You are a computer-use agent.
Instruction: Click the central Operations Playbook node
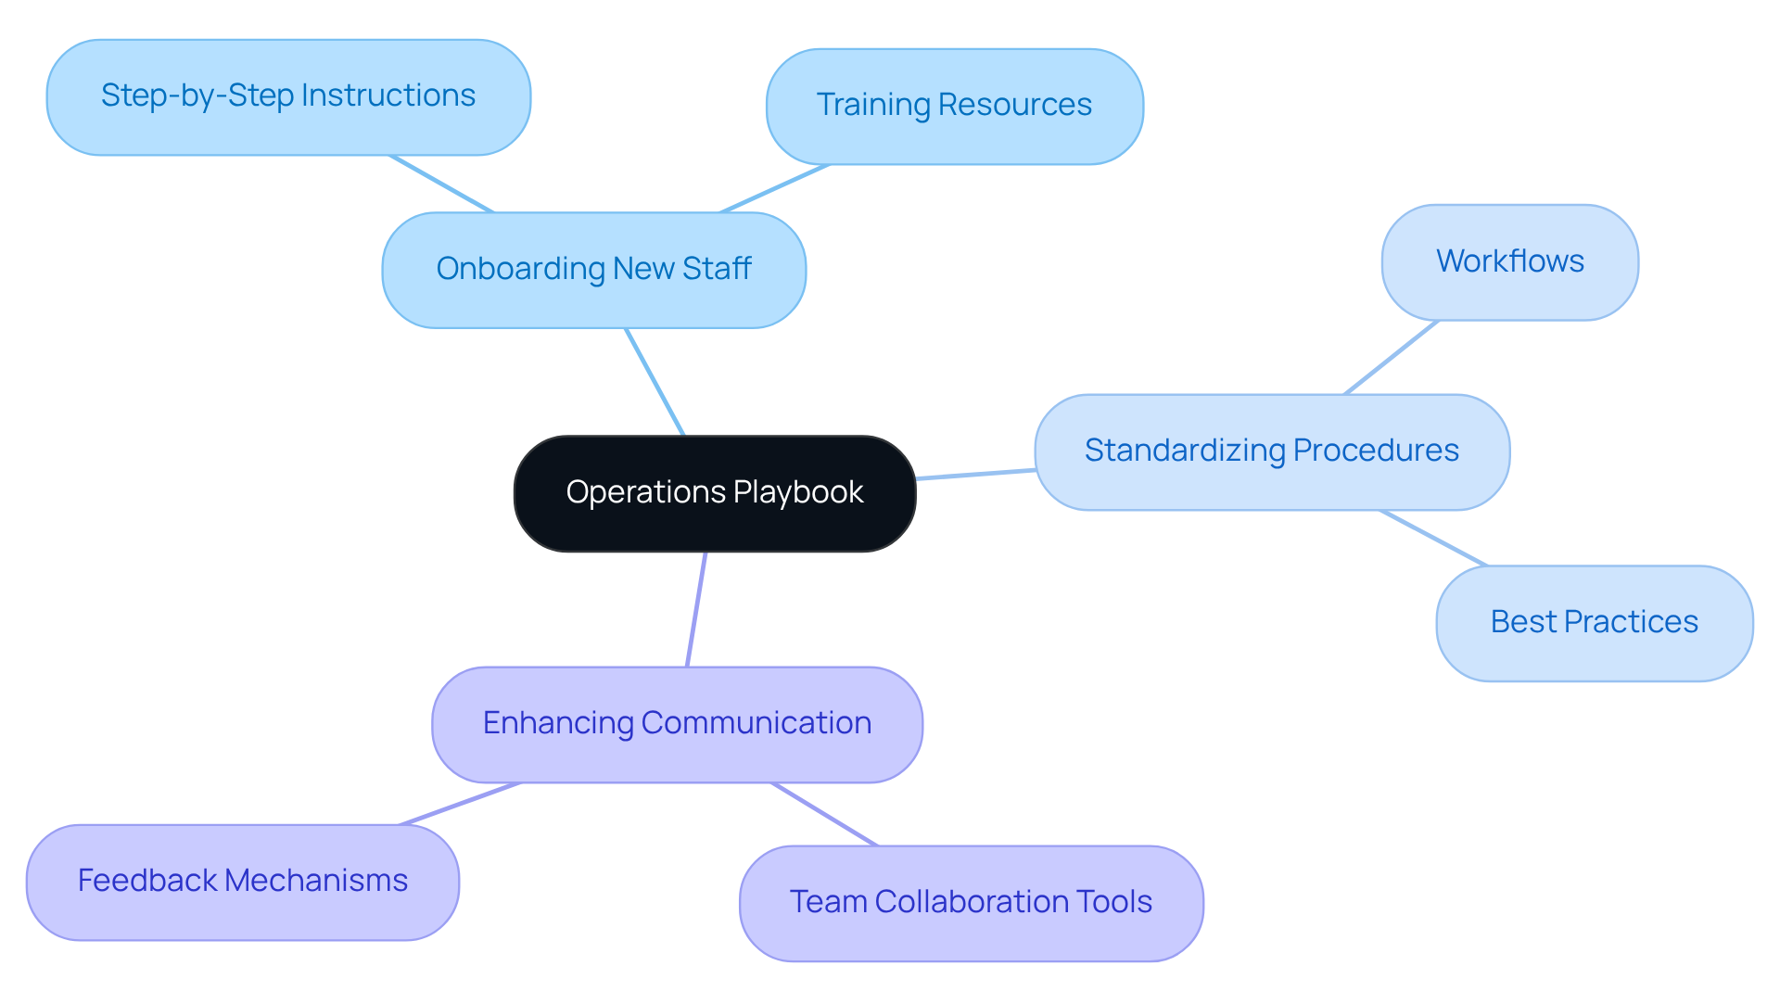[x=715, y=493]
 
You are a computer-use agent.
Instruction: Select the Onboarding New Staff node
[x=593, y=270]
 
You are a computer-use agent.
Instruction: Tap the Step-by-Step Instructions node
[x=288, y=96]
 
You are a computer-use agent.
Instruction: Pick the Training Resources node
[x=954, y=106]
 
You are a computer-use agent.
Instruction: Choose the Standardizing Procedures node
[x=1271, y=451]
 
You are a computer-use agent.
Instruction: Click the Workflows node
[x=1509, y=262]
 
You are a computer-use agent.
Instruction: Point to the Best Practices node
[x=1594, y=623]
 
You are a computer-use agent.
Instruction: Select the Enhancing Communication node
[x=677, y=724]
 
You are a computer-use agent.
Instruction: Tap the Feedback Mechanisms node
[x=242, y=882]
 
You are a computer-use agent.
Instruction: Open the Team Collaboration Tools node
[x=971, y=903]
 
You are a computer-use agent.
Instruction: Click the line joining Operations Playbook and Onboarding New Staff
[x=655, y=381]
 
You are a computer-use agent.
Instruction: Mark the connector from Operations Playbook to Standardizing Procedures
[x=975, y=475]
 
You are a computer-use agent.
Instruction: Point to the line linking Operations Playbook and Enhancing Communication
[x=696, y=609]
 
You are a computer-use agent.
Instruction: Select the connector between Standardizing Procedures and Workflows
[x=1391, y=358]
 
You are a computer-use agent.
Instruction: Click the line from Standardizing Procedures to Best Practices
[x=1433, y=538]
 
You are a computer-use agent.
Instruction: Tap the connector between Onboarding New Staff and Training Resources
[x=774, y=189]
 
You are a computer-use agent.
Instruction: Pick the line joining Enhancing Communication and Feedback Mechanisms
[x=460, y=804]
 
